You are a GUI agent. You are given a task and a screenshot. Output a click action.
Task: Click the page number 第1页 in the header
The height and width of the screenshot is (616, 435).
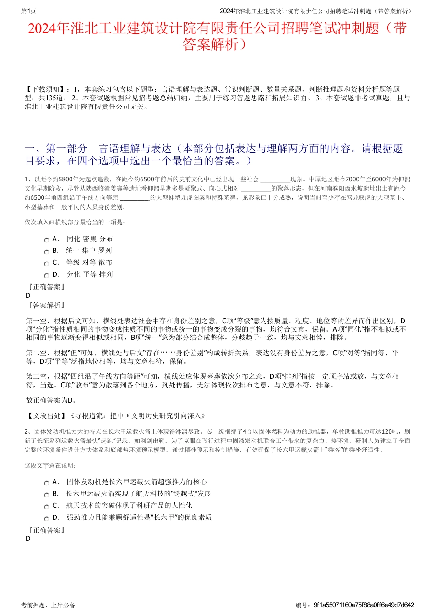(29, 11)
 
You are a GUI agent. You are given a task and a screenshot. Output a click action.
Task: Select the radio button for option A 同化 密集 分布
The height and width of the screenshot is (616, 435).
(46, 240)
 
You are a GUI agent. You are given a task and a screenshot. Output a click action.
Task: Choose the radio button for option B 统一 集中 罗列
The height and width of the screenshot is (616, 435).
(46, 251)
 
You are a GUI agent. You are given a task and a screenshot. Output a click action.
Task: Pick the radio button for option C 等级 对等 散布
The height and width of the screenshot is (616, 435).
(46, 263)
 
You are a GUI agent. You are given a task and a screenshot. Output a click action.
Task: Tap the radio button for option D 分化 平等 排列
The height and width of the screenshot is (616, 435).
(46, 275)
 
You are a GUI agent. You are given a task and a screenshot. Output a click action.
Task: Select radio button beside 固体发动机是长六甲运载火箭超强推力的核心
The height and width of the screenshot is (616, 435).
(46, 483)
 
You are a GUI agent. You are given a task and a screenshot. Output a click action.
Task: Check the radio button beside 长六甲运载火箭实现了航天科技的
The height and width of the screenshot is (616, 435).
(46, 495)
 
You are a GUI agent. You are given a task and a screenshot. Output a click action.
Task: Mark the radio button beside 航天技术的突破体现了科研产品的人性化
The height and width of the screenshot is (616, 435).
(46, 507)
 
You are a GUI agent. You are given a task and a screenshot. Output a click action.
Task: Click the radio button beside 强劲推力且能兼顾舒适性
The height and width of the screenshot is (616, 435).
(46, 518)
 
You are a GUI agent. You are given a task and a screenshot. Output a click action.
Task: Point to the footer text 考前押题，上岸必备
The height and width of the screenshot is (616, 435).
(48, 605)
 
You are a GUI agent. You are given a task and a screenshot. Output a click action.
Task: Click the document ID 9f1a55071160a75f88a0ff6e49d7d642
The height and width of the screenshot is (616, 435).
(364, 605)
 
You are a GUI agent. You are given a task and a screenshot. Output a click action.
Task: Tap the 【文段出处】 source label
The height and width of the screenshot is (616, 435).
(46, 416)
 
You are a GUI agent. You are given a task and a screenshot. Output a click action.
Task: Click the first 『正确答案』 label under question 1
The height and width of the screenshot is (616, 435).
(46, 287)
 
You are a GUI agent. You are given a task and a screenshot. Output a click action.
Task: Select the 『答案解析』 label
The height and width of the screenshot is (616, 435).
(46, 305)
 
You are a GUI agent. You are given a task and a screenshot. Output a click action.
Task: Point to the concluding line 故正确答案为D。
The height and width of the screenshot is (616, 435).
(52, 400)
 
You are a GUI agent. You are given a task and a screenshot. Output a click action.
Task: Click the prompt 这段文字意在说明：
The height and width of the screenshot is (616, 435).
(51, 466)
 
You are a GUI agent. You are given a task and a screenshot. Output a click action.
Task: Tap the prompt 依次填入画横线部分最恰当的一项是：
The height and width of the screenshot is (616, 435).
(75, 223)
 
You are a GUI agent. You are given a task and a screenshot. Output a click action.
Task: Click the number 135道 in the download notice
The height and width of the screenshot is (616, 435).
(55, 98)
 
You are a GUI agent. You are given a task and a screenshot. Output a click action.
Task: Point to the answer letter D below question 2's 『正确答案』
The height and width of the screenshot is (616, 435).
(28, 539)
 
